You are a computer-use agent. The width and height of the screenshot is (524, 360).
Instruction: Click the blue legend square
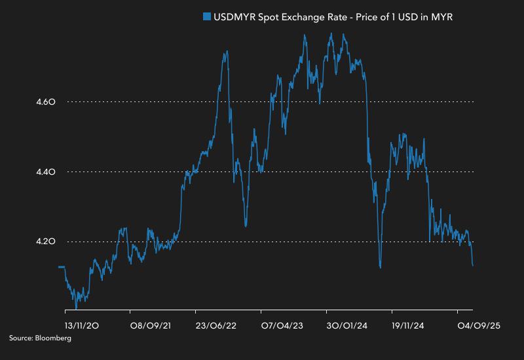point(207,18)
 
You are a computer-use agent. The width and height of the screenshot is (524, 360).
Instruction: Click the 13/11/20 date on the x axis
point(82,325)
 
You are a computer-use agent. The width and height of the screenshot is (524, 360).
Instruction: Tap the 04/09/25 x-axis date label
point(478,325)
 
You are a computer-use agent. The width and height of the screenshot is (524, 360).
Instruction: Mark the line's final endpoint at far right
point(473,265)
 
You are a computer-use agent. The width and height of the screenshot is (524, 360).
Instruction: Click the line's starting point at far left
point(60,266)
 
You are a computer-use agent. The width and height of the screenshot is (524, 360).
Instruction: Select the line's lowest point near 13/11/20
point(77,308)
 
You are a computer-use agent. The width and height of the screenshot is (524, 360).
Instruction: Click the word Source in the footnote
point(20,338)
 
